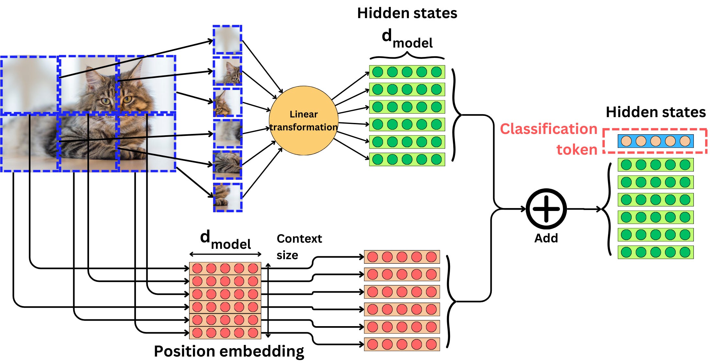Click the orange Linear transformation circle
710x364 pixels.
click(303, 120)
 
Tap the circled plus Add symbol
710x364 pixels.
click(546, 209)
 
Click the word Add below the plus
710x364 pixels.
click(546, 238)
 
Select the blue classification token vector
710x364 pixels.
click(655, 141)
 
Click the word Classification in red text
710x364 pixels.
click(548, 129)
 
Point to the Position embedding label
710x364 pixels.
click(229, 351)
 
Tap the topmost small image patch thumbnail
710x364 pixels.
click(227, 40)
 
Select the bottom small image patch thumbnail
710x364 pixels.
click(227, 197)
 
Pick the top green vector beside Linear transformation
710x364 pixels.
click(407, 72)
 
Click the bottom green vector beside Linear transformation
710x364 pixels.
click(407, 159)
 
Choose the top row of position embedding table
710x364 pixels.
click(225, 268)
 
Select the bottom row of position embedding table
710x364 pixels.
click(225, 333)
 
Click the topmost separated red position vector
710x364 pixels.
click(401, 257)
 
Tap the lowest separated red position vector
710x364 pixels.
click(401, 344)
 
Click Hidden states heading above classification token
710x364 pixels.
click(655, 112)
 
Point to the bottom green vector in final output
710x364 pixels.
click(655, 252)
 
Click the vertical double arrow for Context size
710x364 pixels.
click(268, 300)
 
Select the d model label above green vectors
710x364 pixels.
click(407, 39)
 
